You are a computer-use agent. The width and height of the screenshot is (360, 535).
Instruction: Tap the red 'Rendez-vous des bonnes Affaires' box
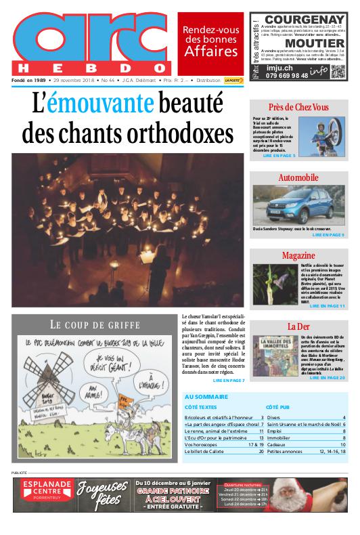[x=211, y=41]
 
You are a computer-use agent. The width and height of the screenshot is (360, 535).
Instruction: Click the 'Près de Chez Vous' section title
[x=298, y=108]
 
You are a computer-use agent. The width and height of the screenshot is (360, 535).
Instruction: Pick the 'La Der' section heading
[x=298, y=326]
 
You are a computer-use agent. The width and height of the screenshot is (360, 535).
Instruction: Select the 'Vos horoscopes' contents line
[x=203, y=444]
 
